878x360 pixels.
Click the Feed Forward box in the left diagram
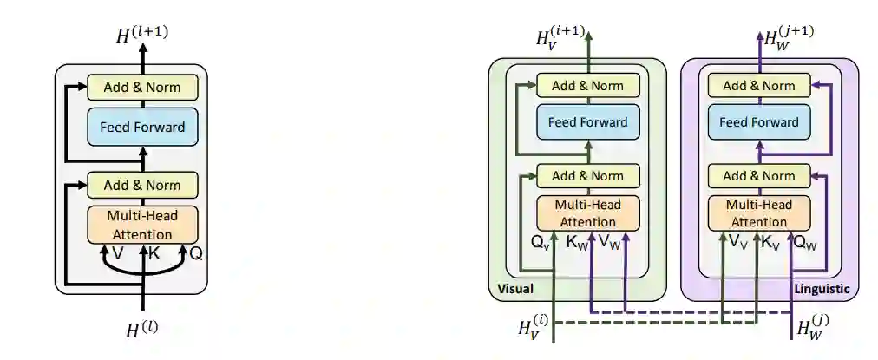[x=142, y=128]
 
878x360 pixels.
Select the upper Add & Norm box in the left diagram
[x=142, y=87]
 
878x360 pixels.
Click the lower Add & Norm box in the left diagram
[x=142, y=185]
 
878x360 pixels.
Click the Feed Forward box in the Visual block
[x=587, y=121]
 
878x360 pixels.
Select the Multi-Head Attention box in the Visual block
[x=587, y=213]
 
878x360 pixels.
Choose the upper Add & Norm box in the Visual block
[x=587, y=85]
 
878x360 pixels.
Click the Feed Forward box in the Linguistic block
[x=758, y=121]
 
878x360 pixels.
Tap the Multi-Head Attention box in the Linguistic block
[x=758, y=213]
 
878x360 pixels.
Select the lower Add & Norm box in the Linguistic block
[x=758, y=176]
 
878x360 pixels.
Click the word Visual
[x=515, y=289]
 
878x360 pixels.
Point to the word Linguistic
[x=822, y=289]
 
